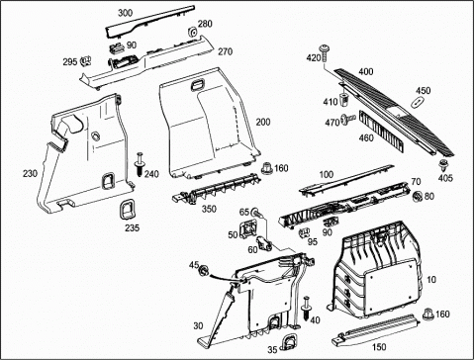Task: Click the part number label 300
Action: [125, 13]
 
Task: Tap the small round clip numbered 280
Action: [192, 32]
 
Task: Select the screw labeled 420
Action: [325, 52]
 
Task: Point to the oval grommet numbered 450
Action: [419, 102]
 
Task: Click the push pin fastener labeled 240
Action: [140, 164]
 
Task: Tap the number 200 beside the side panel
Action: [263, 122]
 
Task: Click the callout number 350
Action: [209, 209]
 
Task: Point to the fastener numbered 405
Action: [442, 165]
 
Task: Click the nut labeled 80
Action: [418, 197]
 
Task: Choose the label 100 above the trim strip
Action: [327, 174]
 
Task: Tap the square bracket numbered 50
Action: [248, 229]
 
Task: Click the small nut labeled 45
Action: [204, 271]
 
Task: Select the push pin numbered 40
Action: [307, 308]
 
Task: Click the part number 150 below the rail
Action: [379, 347]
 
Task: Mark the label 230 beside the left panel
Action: [30, 173]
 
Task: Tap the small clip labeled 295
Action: [86, 60]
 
